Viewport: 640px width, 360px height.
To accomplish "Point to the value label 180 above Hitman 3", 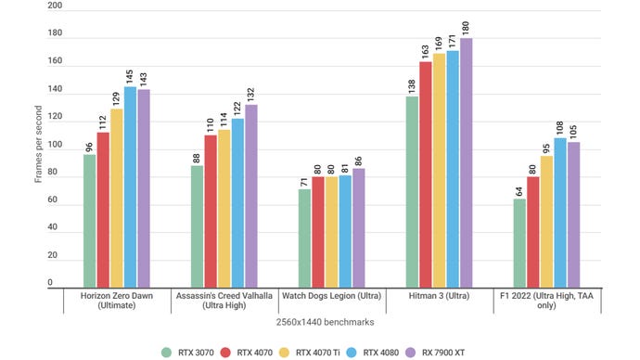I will [x=466, y=27].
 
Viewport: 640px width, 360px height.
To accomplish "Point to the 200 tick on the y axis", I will [x=55, y=6].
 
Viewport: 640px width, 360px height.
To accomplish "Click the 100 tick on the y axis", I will [x=55, y=145].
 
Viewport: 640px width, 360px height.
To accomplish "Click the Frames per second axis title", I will [x=38, y=145].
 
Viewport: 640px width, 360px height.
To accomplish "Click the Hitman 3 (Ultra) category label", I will [x=439, y=296].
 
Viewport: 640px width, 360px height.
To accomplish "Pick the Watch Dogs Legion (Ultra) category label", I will [x=331, y=296].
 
